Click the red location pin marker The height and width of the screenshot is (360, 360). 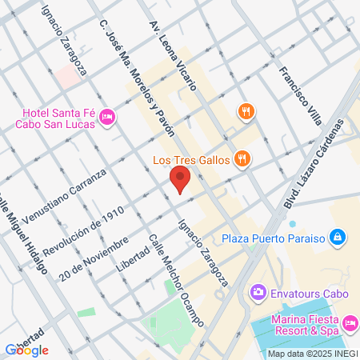click(181, 179)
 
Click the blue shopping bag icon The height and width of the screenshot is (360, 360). click(338, 238)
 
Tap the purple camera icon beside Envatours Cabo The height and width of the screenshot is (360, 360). click(258, 291)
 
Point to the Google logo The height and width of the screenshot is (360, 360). click(26, 350)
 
